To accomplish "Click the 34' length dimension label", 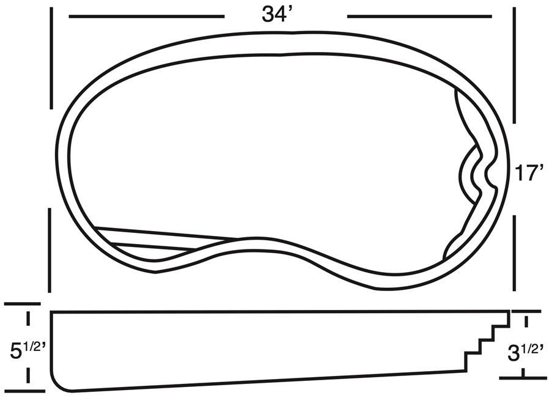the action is (278, 15).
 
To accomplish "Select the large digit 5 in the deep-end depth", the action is (17, 351).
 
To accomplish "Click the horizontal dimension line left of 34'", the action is (147, 17).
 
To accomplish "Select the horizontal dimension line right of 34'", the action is (419, 17).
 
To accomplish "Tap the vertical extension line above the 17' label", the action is (514, 65).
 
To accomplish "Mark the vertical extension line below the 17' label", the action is (514, 253).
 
